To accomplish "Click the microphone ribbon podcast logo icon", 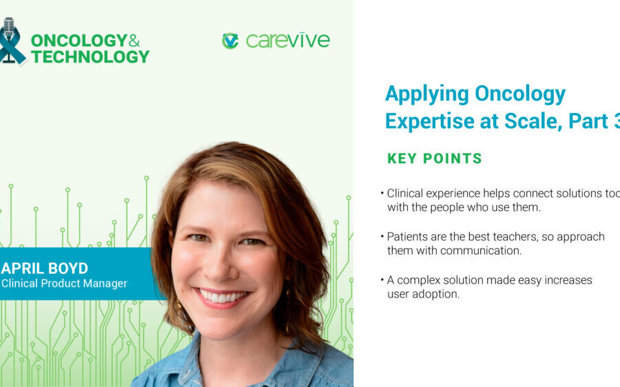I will pos(10,41).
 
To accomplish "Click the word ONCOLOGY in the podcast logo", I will pos(78,41).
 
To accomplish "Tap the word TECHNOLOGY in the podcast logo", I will pos(90,57).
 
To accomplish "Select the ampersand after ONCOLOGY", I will pos(134,41).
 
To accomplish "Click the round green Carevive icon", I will pos(230,41).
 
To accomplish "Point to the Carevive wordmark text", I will pos(287,41).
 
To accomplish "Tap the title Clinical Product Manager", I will pos(64,283).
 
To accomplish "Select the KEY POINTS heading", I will pos(434,159).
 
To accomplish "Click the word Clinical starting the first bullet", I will pos(406,193).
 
